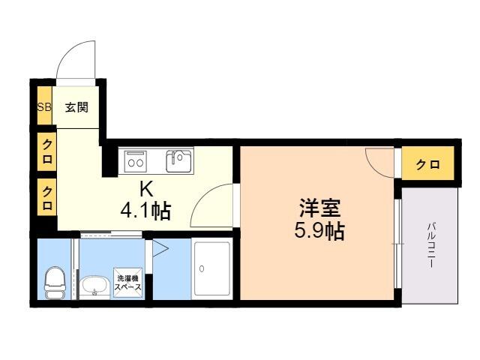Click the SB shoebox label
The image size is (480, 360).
44,107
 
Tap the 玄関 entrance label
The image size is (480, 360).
76,107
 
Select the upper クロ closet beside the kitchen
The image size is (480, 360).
46,151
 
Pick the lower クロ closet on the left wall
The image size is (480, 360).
46,197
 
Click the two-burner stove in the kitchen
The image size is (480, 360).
136,161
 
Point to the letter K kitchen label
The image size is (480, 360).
146,189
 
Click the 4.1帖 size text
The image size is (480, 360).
145,211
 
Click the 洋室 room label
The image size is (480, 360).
319,208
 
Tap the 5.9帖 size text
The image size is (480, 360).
319,230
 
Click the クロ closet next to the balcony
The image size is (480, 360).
427,164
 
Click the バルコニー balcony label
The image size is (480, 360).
431,246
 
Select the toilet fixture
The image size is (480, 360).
55,283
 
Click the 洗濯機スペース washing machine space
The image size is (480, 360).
128,283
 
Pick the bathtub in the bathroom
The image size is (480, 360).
212,268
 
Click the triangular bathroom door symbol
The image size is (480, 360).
160,248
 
